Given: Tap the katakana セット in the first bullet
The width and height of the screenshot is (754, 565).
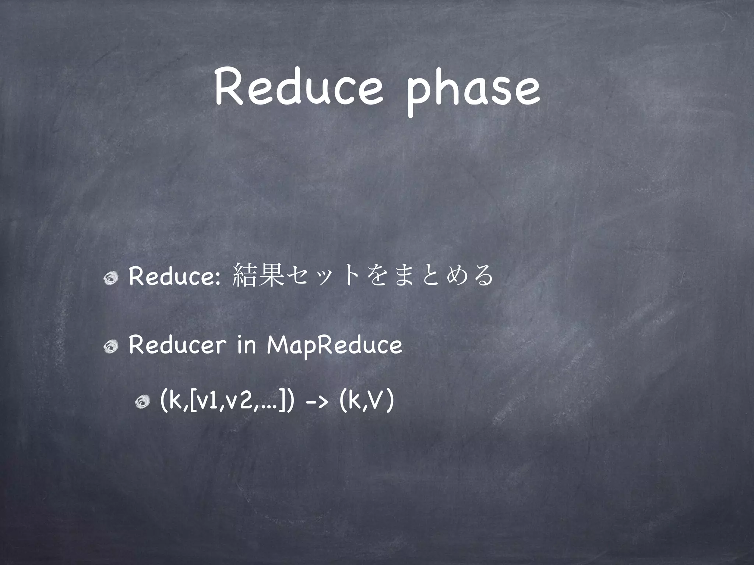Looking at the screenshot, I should [320, 276].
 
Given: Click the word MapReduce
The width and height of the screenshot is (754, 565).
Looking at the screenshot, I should [335, 346].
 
